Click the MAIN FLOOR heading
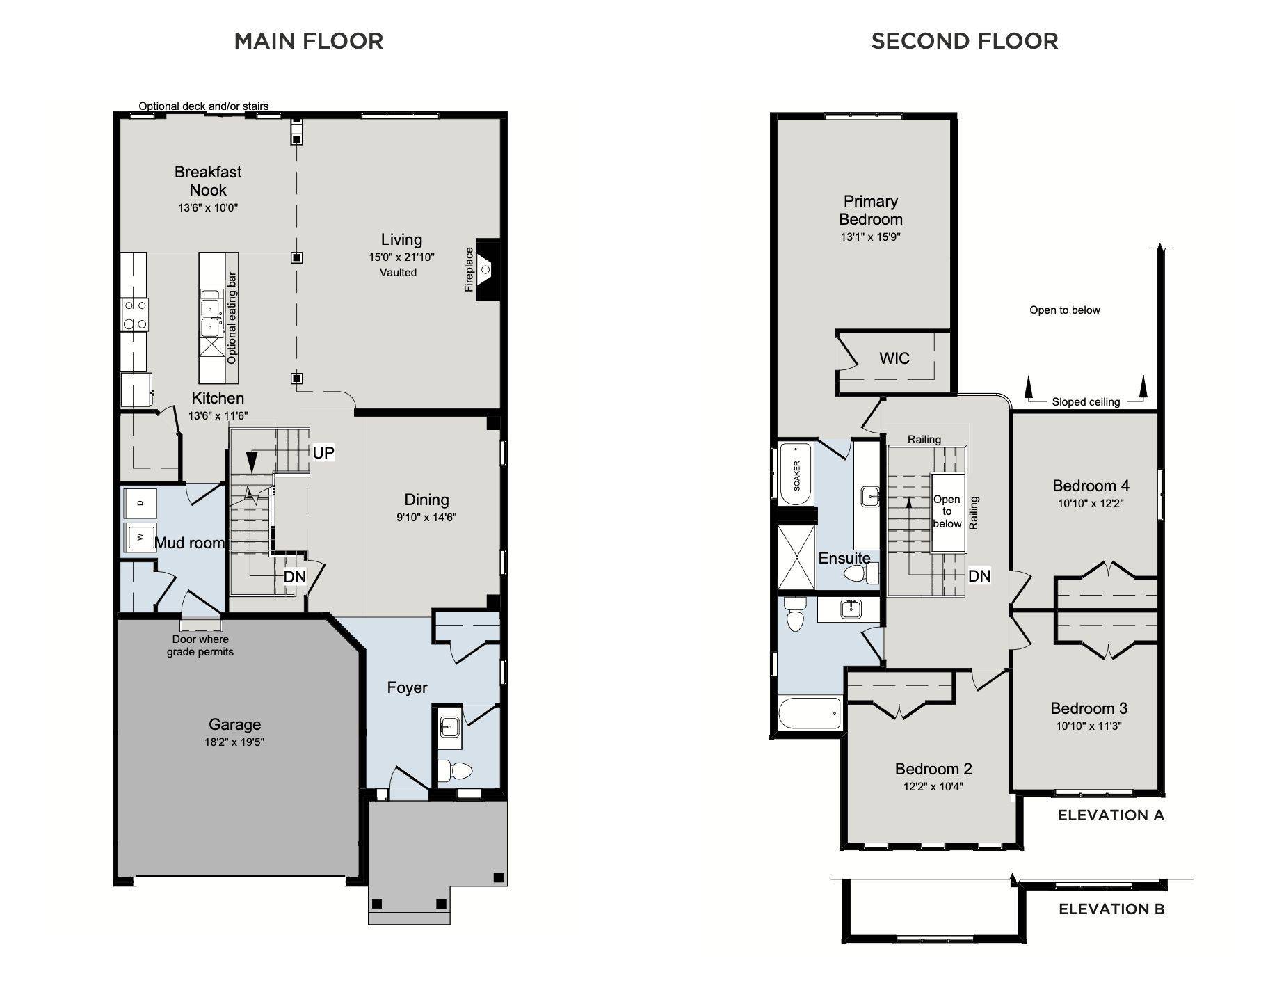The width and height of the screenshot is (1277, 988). coord(309,41)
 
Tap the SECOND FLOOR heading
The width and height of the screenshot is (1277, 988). coord(965,41)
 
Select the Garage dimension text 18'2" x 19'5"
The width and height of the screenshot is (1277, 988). coord(234,742)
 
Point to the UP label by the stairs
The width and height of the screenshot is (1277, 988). coord(323,453)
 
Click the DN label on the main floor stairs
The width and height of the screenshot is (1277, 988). coord(295,577)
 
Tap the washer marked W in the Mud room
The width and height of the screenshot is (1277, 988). coord(140,536)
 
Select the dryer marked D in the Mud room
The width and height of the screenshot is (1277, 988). coord(140,502)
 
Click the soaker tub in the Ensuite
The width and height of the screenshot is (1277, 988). coord(796,475)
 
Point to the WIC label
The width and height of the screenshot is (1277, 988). coord(894,358)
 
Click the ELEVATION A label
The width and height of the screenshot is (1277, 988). coord(1111,815)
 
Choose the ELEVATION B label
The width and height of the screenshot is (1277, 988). coord(1111,909)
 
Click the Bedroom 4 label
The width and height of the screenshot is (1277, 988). coord(1091,486)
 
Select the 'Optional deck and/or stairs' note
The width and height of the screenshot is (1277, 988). coord(204,106)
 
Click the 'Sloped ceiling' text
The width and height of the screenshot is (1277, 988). coord(1086,402)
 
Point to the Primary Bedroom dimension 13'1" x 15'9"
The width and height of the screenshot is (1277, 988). coord(871,237)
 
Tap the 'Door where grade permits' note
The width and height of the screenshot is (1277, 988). coord(200,646)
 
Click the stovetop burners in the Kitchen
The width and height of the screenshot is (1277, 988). coord(135,314)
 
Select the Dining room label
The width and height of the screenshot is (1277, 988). coord(426,500)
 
